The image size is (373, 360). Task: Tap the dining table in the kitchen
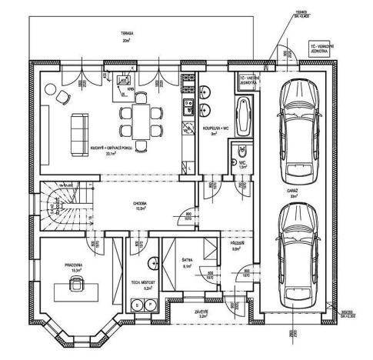tap(140, 121)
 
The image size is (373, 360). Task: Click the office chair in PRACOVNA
tap(78, 285)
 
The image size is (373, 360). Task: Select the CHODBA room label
tap(141, 204)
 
